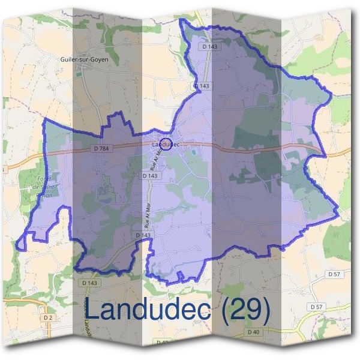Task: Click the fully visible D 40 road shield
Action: coord(254,332)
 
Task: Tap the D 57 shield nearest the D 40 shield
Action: coord(317,307)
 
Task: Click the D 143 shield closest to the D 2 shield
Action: coord(88,282)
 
